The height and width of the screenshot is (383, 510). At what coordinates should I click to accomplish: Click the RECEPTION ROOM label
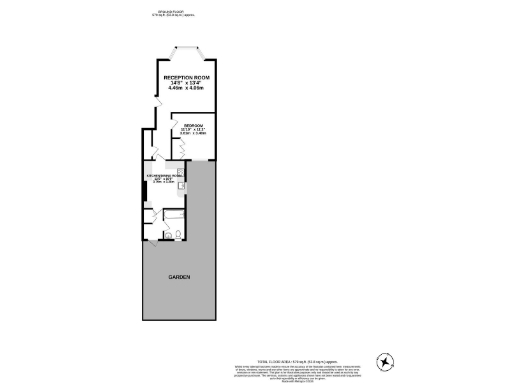tap(187, 76)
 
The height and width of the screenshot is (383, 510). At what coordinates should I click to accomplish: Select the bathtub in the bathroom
tap(173, 220)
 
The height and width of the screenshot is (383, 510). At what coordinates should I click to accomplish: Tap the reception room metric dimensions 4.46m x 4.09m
tap(186, 89)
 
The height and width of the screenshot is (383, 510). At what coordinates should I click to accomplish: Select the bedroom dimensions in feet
tap(193, 128)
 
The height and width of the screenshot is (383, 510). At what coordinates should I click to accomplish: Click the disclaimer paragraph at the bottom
tap(284, 363)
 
